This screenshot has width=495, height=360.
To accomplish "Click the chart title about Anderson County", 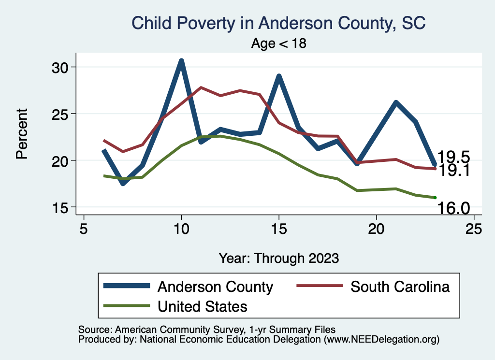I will tap(278, 23).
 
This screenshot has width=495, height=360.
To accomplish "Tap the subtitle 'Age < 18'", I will tap(279, 43).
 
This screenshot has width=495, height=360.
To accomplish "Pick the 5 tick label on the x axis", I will tap(84, 228).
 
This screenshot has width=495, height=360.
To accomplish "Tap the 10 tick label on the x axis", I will tap(181, 228).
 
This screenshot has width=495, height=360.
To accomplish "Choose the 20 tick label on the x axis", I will tap(376, 228).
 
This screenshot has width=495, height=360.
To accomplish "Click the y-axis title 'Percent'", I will tap(21, 133).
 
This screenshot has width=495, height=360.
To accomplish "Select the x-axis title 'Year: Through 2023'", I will tap(278, 258).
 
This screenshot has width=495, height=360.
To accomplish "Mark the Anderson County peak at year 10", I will tap(181, 61).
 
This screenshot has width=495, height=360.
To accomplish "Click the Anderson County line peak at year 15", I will tap(279, 76).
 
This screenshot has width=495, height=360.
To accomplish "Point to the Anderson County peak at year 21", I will tap(395, 102).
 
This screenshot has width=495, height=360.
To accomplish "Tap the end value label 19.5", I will tap(453, 157).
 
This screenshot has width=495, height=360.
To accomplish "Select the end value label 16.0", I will tap(453, 208).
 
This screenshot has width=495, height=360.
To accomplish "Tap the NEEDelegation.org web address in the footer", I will tap(382, 339).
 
